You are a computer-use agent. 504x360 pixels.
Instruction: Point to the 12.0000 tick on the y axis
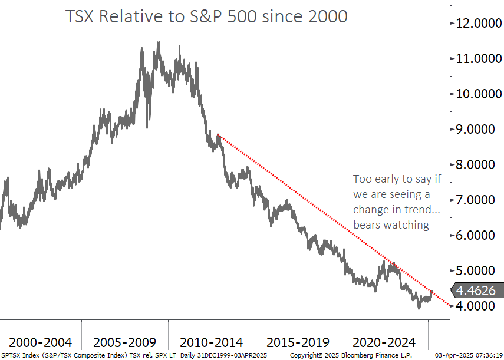[477, 24]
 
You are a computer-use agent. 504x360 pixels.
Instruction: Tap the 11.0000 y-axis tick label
[477, 59]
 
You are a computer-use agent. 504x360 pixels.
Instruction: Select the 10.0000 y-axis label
[477, 94]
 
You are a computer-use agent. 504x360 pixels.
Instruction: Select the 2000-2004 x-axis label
[41, 342]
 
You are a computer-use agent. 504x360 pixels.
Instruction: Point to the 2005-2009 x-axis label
[125, 342]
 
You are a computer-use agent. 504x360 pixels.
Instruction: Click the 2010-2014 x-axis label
[211, 342]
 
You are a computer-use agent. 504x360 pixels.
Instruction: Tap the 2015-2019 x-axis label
[298, 342]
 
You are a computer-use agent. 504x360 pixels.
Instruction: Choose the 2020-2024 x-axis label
[384, 342]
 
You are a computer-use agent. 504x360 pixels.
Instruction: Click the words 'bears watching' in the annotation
[391, 225]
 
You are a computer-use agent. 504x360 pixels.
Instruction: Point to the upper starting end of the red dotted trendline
[218, 135]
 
